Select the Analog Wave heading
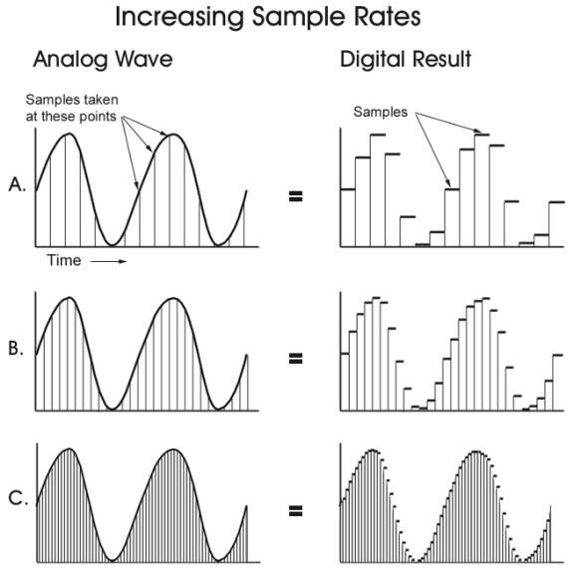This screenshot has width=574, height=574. pyautogui.click(x=103, y=60)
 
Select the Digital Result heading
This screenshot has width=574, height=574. pyautogui.click(x=406, y=60)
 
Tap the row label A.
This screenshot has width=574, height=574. pyautogui.click(x=16, y=184)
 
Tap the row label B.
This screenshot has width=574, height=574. pyautogui.click(x=16, y=349)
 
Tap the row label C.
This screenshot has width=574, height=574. pyautogui.click(x=16, y=500)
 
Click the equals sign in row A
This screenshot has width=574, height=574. pyautogui.click(x=295, y=196)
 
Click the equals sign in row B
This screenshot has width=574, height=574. pyautogui.click(x=295, y=356)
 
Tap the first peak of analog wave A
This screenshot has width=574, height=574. pyautogui.click(x=68, y=134)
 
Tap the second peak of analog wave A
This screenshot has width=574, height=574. pyautogui.click(x=174, y=134)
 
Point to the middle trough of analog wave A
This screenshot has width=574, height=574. pyautogui.click(x=120, y=243)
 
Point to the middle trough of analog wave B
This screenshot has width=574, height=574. pyautogui.click(x=120, y=408)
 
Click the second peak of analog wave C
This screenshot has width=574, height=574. pyautogui.click(x=174, y=450)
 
